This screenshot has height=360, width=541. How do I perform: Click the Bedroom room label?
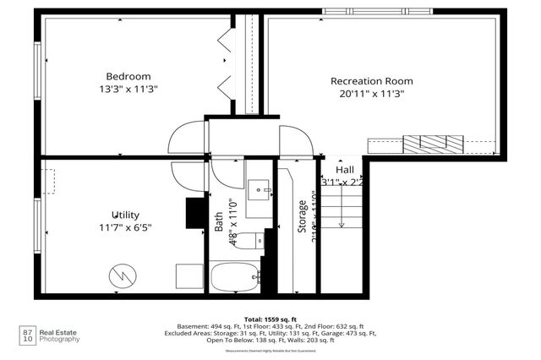[128, 75]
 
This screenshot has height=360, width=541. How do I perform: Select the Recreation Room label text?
[376, 81]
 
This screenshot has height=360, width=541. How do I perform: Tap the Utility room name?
[125, 215]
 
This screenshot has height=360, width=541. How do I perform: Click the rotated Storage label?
[302, 216]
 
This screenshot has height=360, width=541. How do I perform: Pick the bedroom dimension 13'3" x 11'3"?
[128, 88]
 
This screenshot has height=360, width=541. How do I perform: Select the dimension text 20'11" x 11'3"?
[376, 95]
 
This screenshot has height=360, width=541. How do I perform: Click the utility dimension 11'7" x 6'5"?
[125, 226]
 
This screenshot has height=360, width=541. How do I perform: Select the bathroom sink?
[258, 188]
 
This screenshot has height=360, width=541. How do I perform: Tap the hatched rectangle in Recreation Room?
[433, 143]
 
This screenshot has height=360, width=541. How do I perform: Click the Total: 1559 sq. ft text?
[270, 318]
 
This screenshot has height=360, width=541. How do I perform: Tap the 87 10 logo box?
[28, 336]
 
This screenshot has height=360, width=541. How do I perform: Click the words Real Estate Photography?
[61, 336]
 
